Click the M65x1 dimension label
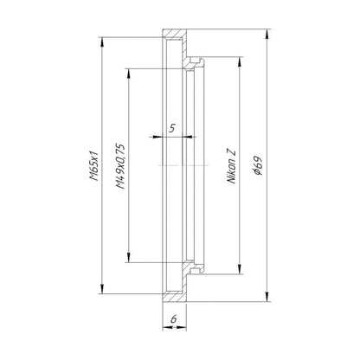(x=94, y=165)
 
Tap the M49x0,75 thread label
(x=120, y=166)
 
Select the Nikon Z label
(x=232, y=167)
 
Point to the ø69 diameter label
(x=257, y=166)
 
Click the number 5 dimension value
(x=172, y=128)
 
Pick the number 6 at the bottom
(x=174, y=318)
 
